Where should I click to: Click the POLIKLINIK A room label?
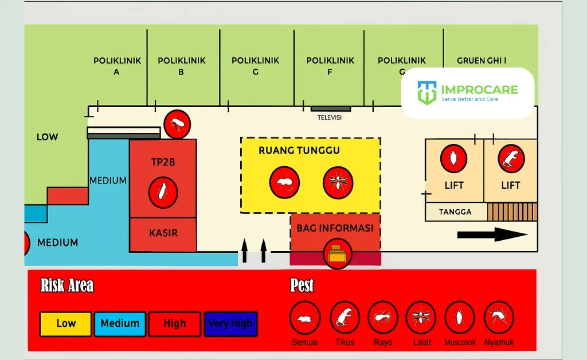pyautogui.click(x=117, y=66)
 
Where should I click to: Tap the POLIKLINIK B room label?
pyautogui.click(x=181, y=66)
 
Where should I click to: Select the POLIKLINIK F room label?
pyautogui.click(x=330, y=66)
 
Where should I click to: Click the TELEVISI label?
pyautogui.click(x=330, y=118)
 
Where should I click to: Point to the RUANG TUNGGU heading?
pyautogui.click(x=299, y=151)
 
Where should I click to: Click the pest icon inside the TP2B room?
pyautogui.click(x=163, y=193)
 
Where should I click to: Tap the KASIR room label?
pyautogui.click(x=163, y=233)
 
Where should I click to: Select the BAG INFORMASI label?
pyautogui.click(x=335, y=228)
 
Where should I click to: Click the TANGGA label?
pyautogui.click(x=455, y=212)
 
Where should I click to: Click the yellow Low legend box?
pyautogui.click(x=65, y=324)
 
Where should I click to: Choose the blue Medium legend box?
pyautogui.click(x=120, y=324)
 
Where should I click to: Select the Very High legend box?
pyautogui.click(x=230, y=324)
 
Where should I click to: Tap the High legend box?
pyautogui.click(x=174, y=324)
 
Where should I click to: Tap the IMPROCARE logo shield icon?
pyautogui.click(x=427, y=92)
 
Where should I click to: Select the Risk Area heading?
pyautogui.click(x=67, y=285)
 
